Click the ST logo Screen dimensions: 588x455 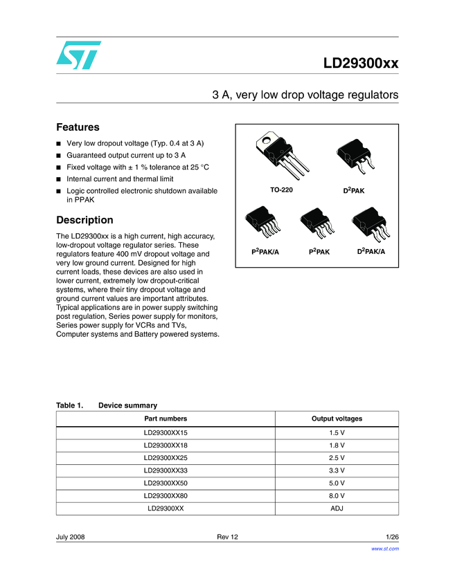pos(78,55)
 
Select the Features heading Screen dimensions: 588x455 pos(78,127)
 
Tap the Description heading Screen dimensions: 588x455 pos(84,220)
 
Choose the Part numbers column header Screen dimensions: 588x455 pos(166,419)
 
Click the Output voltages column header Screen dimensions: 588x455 pos(337,419)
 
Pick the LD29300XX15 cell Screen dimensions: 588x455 pos(166,432)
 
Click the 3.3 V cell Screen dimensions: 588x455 pos(337,470)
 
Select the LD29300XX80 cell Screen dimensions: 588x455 pos(166,495)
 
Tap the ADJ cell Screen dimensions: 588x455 pos(337,508)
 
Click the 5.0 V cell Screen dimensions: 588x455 pos(337,483)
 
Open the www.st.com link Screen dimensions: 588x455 pos(385,549)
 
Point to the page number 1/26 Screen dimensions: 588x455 pos(392,538)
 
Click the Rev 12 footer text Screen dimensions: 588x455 pos(227,538)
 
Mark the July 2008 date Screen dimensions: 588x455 pos(70,538)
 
